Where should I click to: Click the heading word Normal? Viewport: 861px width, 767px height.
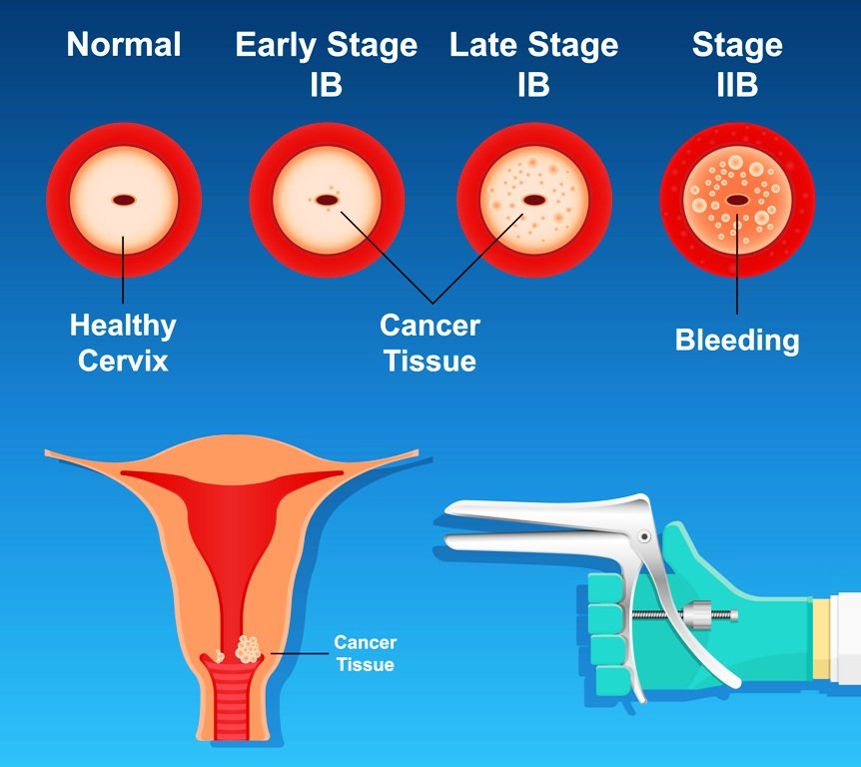point(124,45)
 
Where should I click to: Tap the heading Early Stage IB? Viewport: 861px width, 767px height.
point(327,64)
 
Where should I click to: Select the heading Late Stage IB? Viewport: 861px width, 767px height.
point(533,64)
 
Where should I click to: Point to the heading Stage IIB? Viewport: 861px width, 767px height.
point(737,64)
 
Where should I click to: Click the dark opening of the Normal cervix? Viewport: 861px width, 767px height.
point(124,200)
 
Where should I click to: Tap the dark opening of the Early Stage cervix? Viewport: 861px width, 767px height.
point(327,201)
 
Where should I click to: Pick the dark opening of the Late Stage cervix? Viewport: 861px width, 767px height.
point(533,201)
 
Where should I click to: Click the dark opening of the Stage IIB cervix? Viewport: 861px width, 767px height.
point(737,201)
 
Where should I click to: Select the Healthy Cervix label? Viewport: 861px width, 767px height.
point(123,344)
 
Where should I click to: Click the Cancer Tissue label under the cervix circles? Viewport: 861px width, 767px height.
point(430,344)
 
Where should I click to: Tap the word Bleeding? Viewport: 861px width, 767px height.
point(737,341)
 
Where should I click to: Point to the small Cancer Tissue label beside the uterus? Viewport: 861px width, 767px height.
point(366,653)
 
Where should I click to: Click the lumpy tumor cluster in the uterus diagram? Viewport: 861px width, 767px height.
point(247,649)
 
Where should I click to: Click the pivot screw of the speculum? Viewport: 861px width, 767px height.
point(644,536)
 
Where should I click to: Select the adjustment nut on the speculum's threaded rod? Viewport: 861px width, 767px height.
point(697,615)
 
